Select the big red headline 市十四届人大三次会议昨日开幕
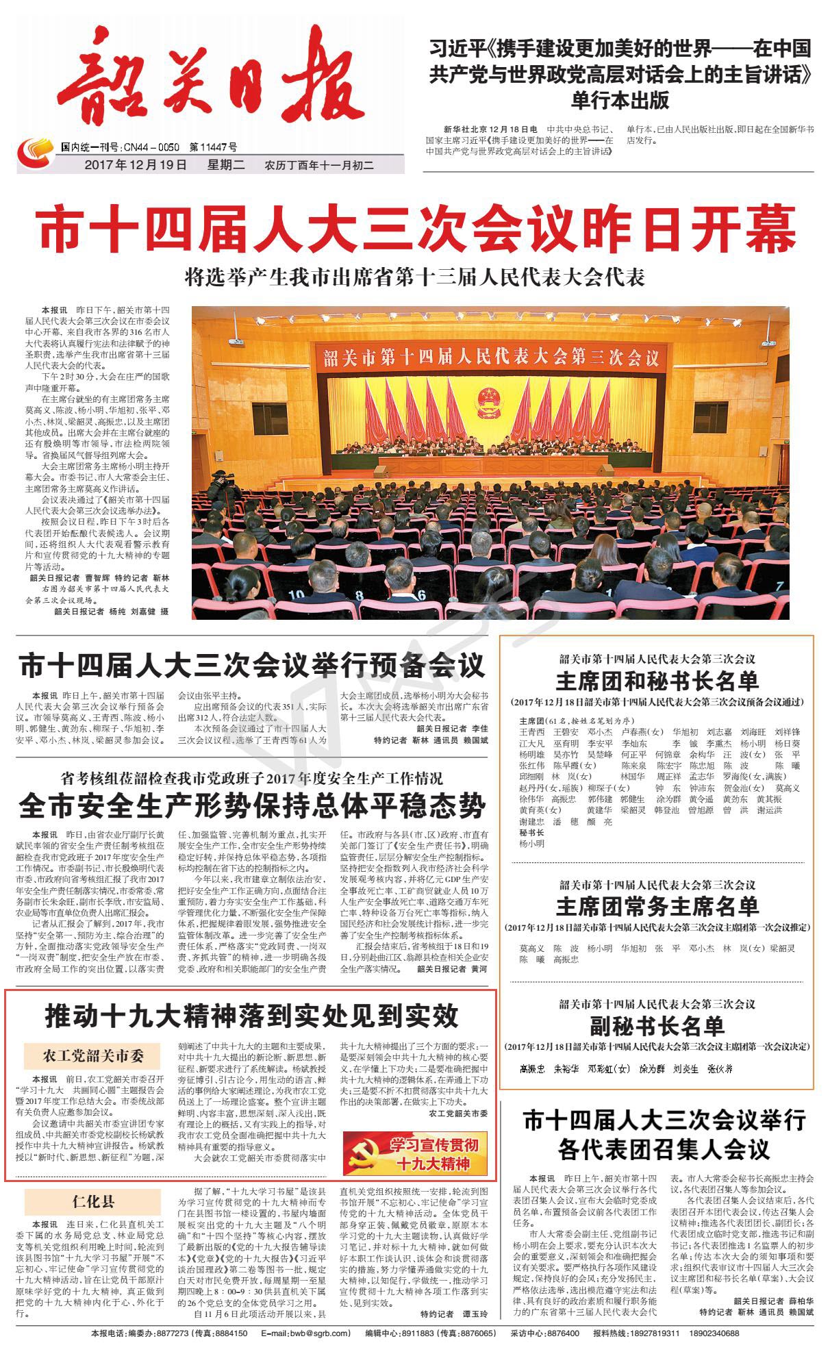pyautogui.click(x=417, y=230)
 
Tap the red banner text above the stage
pyautogui.click(x=489, y=357)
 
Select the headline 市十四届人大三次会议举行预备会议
pyautogui.click(x=252, y=666)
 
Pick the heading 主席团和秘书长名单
pyautogui.click(x=657, y=681)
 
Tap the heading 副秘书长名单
pyautogui.click(x=657, y=1026)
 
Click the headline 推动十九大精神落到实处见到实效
pyautogui.click(x=252, y=1016)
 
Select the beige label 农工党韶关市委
pyautogui.click(x=93, y=1056)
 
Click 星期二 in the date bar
pyautogui.click(x=226, y=165)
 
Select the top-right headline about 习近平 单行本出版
pyautogui.click(x=620, y=75)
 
